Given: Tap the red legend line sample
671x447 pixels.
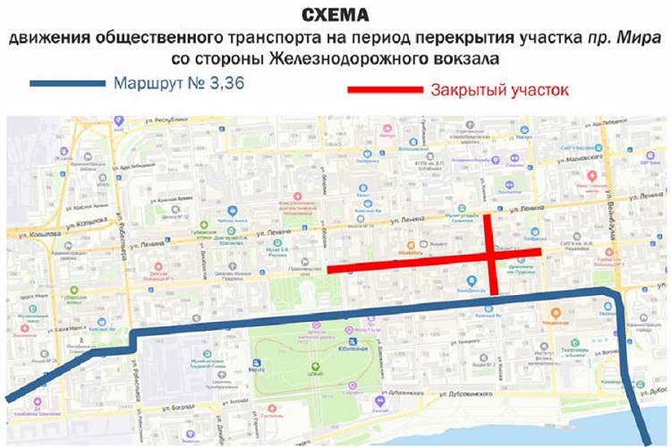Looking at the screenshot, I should [384, 90].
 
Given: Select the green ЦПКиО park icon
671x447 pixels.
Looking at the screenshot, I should [314, 367].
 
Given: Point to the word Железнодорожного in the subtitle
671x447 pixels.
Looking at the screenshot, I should [321, 58].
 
